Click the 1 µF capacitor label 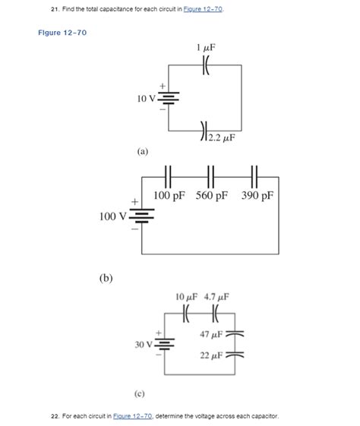point(205,47)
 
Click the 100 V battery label point(113,217)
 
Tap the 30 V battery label point(144,345)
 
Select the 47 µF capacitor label point(211,334)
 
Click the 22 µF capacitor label point(211,355)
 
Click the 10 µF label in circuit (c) point(187,297)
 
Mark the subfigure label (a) point(143,152)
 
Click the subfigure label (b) point(106,278)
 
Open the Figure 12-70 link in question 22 point(133,416)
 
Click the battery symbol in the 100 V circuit point(144,216)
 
